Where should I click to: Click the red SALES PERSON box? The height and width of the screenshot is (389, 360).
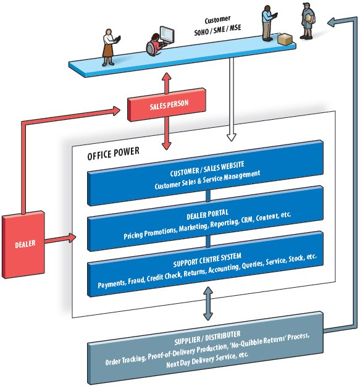click(167, 105)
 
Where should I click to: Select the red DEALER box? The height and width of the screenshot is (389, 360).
click(23, 245)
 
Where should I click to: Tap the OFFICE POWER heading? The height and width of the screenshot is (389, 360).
click(114, 153)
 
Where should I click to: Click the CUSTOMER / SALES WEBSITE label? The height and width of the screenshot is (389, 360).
click(207, 169)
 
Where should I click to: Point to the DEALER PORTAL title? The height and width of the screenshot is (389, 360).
click(207, 214)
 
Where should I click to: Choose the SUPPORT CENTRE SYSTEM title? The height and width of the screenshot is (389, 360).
click(207, 260)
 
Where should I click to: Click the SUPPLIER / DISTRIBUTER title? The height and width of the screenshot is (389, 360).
click(207, 338)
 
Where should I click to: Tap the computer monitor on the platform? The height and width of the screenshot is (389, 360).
click(167, 34)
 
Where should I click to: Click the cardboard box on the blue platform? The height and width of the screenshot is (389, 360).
click(285, 39)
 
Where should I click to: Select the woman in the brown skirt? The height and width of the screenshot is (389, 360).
click(109, 47)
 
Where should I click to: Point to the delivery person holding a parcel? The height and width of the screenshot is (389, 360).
click(308, 21)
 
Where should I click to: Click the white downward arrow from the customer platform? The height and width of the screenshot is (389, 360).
click(231, 99)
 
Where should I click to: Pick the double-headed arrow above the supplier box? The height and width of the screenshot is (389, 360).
click(208, 303)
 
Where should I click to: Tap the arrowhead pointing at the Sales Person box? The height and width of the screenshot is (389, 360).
click(117, 111)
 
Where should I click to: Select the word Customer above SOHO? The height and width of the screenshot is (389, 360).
click(217, 20)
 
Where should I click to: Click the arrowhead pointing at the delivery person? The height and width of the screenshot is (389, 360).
click(332, 23)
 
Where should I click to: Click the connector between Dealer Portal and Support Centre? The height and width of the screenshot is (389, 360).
click(208, 241)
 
